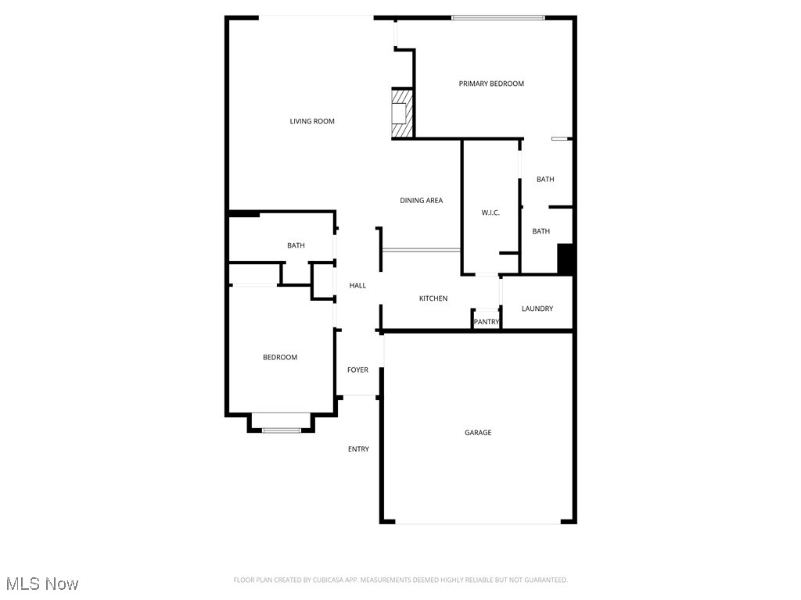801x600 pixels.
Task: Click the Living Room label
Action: coord(312,121)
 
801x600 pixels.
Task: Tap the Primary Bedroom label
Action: coord(491,84)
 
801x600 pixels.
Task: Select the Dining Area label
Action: coord(421,201)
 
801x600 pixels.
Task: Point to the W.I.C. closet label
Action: coord(490,213)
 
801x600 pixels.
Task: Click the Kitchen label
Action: coord(433,298)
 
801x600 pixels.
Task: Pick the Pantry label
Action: coord(486,322)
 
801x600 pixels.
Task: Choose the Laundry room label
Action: coord(537,309)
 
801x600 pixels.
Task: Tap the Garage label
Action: coord(478,433)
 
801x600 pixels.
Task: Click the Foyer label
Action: coord(357,370)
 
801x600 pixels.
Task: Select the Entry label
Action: coord(358,449)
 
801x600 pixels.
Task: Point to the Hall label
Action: coord(357,286)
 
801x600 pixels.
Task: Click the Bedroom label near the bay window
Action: coord(279,358)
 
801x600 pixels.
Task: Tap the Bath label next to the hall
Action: coord(296,246)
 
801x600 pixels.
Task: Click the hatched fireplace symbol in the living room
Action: coord(401,114)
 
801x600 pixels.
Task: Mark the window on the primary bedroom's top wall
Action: coord(497,17)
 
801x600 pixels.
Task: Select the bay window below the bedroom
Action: coord(282,429)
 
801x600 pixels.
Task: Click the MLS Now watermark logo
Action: coord(42,584)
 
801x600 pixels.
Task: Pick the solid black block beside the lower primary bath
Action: coord(566,259)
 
